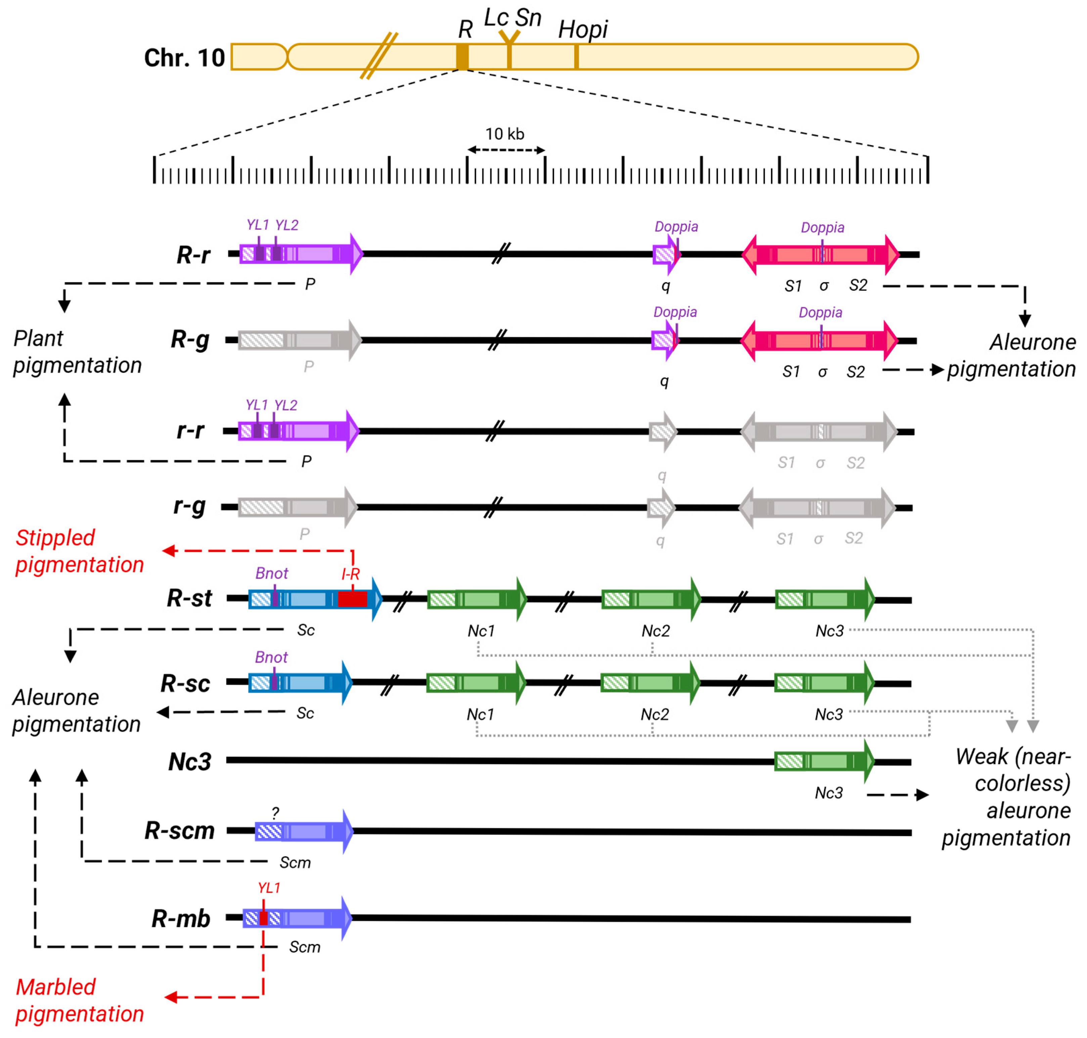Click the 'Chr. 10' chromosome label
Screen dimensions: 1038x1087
tap(184, 57)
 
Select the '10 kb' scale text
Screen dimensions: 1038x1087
tap(504, 134)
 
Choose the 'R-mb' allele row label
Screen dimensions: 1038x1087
tap(181, 918)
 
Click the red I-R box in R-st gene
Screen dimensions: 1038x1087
tap(352, 599)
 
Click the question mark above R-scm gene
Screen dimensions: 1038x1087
tap(275, 812)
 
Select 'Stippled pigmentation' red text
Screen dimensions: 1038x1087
tap(79, 551)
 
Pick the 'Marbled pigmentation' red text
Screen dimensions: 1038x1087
tap(79, 1000)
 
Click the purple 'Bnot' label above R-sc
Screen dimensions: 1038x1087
tap(271, 657)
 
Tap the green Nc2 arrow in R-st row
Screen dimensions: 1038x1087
tap(650, 599)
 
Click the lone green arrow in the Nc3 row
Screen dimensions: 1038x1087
tap(823, 761)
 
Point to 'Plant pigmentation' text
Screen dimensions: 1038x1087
tap(77, 352)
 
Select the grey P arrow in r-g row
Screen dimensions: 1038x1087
tap(297, 507)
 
